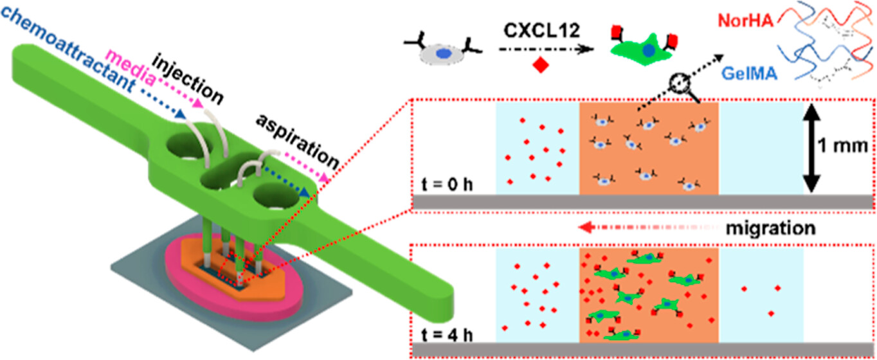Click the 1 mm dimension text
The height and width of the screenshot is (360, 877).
(x=847, y=147)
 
